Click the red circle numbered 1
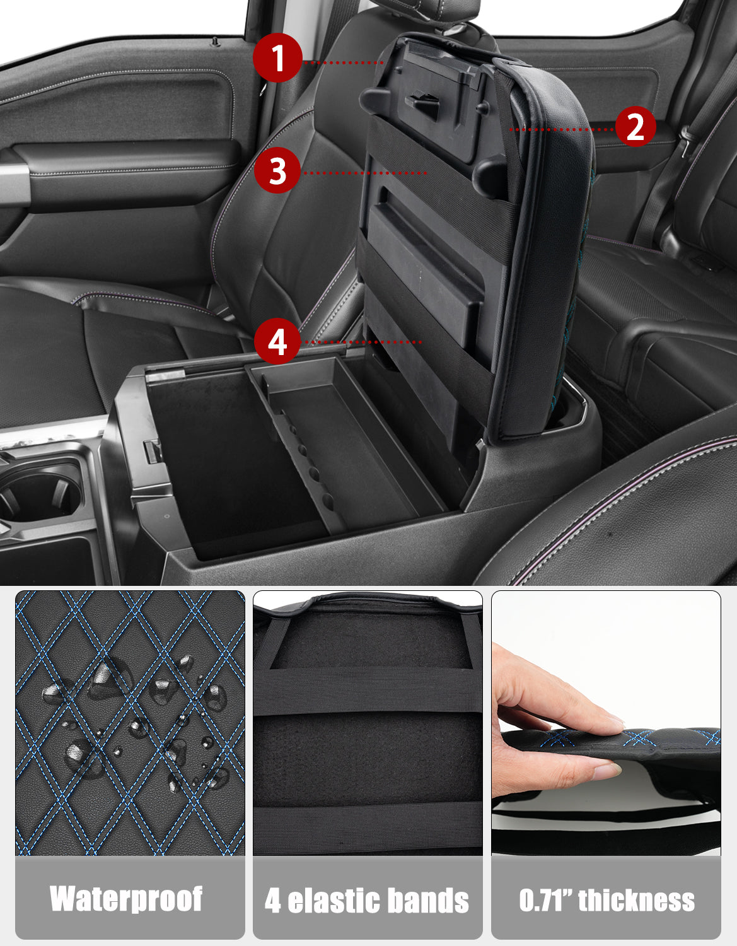click(277, 58)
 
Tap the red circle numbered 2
click(635, 126)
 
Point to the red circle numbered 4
click(277, 341)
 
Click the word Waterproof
click(126, 899)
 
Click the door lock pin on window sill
click(214, 42)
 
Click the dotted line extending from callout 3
click(364, 173)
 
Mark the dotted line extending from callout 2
click(562, 129)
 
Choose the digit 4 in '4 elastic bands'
click(273, 900)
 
